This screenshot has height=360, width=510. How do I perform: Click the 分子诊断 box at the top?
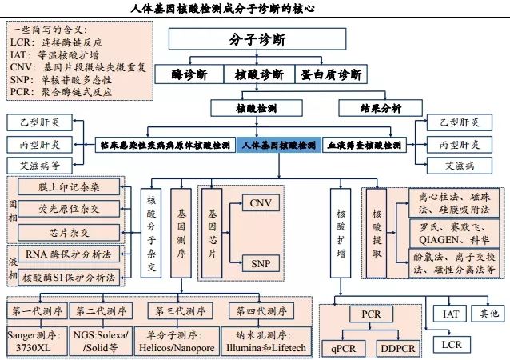click(257, 41)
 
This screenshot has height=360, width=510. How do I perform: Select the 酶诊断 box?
click(189, 75)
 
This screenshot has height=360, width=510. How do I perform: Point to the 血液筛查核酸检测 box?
click(365, 146)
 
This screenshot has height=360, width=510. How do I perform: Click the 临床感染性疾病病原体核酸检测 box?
click(166, 146)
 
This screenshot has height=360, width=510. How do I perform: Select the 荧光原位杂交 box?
click(70, 210)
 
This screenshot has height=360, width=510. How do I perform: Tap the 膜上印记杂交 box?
click(70, 187)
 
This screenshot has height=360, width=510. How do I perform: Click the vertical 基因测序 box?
click(181, 232)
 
